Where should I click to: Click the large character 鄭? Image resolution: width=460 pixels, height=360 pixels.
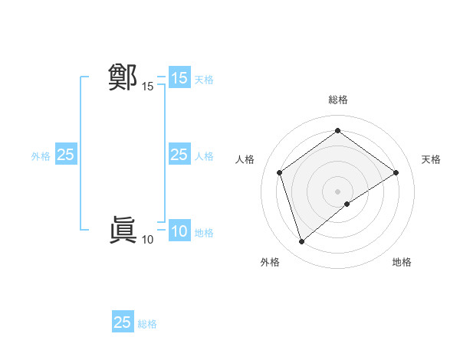coord(123,77)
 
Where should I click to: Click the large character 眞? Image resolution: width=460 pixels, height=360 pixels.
coord(123,230)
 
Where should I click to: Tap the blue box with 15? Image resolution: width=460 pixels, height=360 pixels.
coord(179,78)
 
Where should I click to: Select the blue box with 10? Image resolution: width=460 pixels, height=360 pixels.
coord(179,231)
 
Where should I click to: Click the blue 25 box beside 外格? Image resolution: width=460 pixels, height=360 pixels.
coord(65,155)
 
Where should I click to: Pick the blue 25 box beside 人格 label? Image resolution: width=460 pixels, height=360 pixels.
coord(179,155)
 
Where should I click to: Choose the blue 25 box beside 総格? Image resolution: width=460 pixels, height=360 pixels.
coord(123,322)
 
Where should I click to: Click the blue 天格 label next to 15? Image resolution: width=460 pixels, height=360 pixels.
coord(204,79)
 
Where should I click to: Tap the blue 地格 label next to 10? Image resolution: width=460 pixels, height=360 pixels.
coord(204,233)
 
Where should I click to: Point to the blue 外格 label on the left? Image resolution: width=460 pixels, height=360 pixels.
coord(41,156)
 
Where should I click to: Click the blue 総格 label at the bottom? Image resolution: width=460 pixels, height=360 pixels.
coord(147,324)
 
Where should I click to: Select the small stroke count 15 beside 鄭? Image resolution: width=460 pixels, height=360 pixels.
coord(147,87)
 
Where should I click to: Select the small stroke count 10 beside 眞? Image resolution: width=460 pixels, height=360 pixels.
coord(147,240)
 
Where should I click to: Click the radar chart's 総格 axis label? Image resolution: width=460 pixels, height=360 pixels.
coord(337,100)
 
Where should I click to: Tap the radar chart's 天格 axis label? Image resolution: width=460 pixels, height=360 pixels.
coord(431,159)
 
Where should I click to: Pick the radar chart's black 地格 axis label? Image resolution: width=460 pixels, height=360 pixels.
coord(402,262)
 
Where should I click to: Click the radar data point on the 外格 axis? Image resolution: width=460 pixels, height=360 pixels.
coord(301,242)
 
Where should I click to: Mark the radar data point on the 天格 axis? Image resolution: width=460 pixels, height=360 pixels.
coord(396,172)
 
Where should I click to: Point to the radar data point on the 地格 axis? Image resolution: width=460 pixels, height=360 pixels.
coord(347,204)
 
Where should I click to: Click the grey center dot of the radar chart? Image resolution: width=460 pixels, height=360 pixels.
coord(337,191)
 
